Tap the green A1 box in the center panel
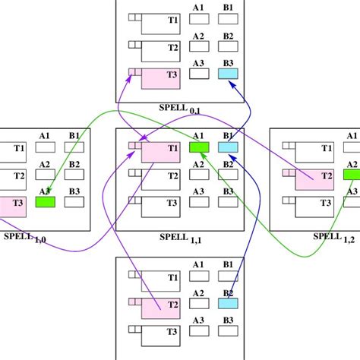click(198, 147)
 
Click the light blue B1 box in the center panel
click(229, 147)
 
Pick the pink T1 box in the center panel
click(159, 152)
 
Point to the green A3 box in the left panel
click(45, 202)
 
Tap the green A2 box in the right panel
click(352, 175)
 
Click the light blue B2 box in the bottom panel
click(229, 303)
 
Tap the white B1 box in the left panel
click(74, 147)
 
